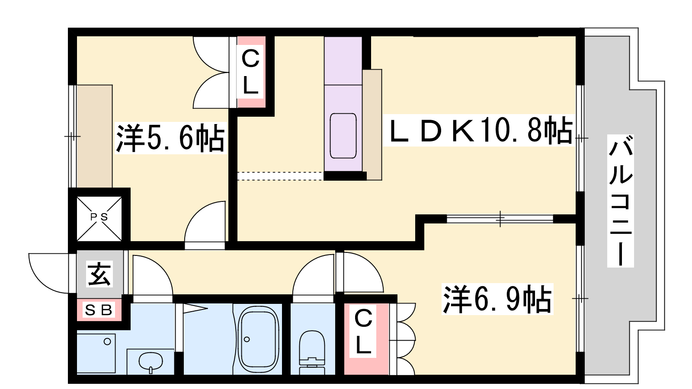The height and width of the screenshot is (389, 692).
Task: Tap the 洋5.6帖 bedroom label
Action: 170,138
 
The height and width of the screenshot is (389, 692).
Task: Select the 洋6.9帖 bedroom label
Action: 497,299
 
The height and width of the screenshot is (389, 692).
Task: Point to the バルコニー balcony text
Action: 621,201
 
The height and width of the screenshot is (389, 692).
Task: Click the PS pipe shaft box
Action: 99,219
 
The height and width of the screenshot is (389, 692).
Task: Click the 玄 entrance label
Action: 99,274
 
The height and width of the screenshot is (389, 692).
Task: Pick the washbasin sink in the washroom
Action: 151,361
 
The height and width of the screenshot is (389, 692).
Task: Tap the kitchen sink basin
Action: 343,136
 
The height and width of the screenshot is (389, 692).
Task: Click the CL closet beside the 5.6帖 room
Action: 251,72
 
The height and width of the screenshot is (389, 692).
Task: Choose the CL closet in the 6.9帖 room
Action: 366,339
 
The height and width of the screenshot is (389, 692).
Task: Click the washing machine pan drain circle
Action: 107,341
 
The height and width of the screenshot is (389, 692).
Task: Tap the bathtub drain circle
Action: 247,339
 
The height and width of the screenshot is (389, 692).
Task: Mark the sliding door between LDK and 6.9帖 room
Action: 500,219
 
